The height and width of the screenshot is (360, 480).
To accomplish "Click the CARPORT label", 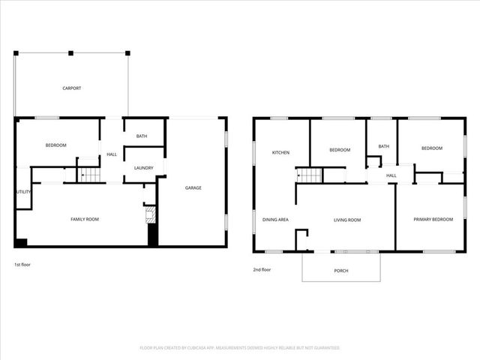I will pos(71,88).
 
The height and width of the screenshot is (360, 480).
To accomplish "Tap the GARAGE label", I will pos(193,187).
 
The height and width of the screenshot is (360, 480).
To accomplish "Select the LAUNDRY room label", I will pos(144,168).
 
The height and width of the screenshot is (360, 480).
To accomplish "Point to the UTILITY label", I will pos(22,192).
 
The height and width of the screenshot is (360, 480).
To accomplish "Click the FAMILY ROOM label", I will pos(85,219).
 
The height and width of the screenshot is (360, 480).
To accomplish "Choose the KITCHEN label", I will pos(280,152).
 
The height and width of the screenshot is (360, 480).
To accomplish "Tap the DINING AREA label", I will pos(276,220).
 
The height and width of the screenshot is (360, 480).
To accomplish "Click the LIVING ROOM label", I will pos(347,220).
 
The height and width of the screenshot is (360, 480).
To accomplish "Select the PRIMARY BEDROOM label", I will pos(433,219).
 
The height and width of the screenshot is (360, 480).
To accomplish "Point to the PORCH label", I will pos(341,270).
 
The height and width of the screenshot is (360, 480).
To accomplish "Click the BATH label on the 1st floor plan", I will pos(141,136).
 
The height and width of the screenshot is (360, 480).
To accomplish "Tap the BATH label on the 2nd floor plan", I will pos(384,146).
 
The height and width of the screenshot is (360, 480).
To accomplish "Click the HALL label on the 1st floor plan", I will pos(112,154).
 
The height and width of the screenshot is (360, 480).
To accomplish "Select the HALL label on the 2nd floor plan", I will pos(391,176).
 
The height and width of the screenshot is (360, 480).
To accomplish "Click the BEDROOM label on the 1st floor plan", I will pos(55,145).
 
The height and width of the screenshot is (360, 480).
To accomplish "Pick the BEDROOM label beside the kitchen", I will pos(340,150).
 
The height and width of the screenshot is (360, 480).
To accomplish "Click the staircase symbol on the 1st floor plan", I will pos(89,175).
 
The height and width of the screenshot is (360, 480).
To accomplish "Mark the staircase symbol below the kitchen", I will pos(310,176).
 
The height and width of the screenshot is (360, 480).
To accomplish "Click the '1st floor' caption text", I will pos(22,265).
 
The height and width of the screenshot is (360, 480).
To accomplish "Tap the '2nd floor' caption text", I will pos(262,269).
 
